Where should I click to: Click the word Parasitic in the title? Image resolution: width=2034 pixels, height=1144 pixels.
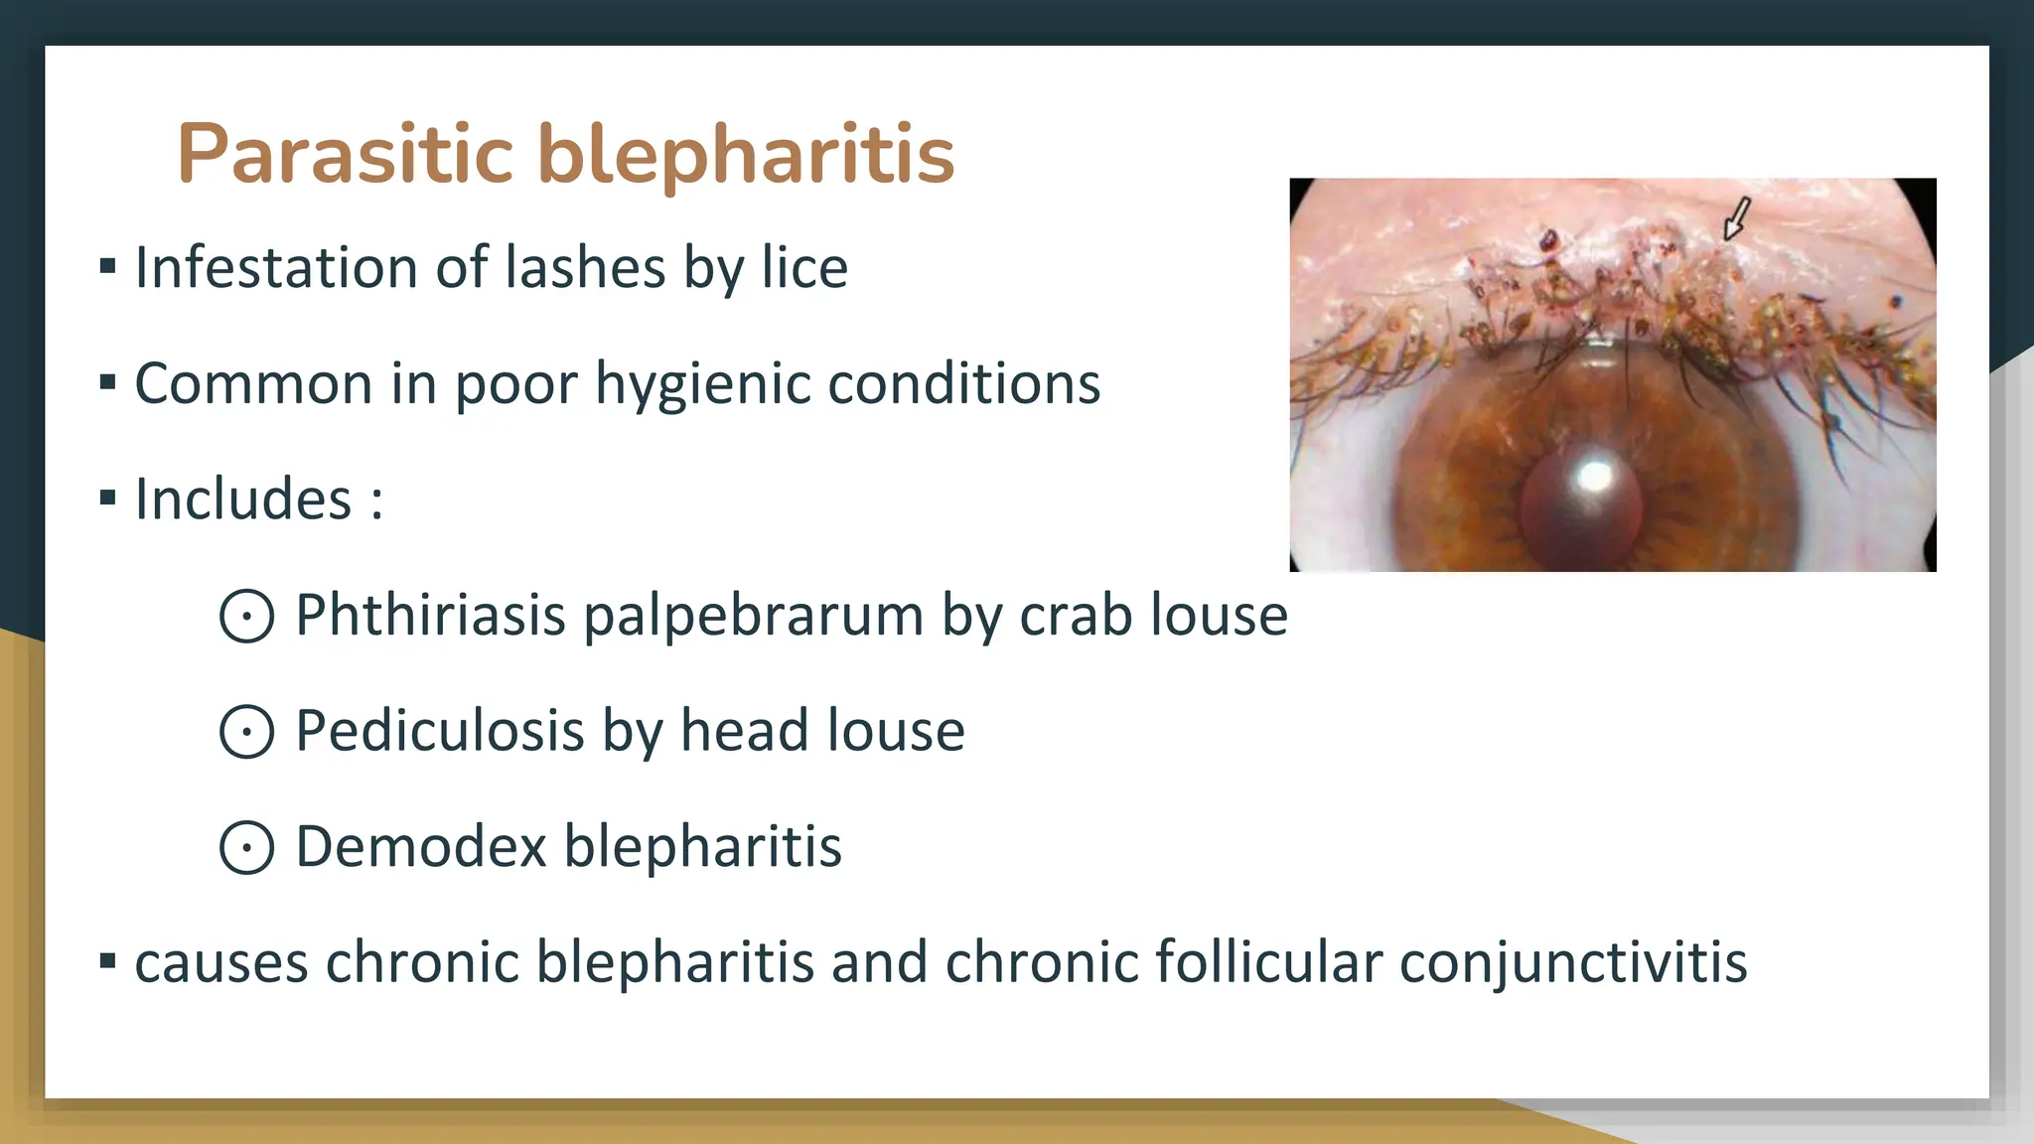coord(345,154)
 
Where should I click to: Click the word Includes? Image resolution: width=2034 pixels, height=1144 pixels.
coord(243,499)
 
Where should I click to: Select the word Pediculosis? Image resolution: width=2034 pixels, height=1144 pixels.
coord(440,731)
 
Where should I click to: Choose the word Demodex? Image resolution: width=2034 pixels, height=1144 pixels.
coord(421,846)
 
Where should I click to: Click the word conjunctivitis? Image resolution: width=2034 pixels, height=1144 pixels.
coord(1573,962)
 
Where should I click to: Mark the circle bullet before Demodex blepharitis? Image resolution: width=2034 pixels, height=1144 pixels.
coord(246,848)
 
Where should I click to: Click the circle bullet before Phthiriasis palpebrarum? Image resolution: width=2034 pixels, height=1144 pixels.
coord(246,616)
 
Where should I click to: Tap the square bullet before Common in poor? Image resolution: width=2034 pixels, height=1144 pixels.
coord(108,381)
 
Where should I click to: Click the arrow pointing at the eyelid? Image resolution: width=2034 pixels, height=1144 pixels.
coord(1735,217)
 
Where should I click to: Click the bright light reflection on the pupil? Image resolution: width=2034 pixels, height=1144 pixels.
coord(1595,476)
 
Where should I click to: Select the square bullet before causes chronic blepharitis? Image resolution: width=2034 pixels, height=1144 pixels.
coord(108,960)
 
